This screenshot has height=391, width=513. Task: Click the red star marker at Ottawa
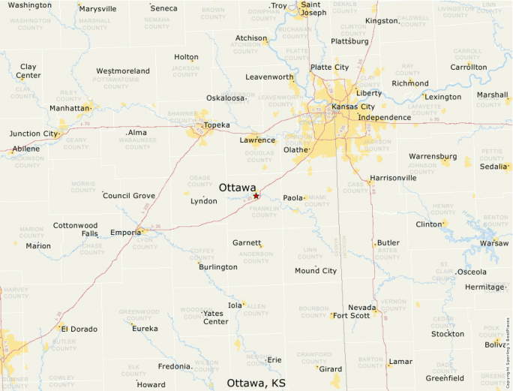pyautogui.click(x=256, y=196)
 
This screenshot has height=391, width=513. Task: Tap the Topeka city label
pyautogui.click(x=217, y=125)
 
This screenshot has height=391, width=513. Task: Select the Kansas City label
pyautogui.click(x=353, y=107)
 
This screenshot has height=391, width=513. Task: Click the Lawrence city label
pyautogui.click(x=257, y=140)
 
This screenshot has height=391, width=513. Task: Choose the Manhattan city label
pyautogui.click(x=70, y=108)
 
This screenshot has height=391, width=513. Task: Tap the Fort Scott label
pyautogui.click(x=352, y=315)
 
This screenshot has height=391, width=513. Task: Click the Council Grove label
pyautogui.click(x=129, y=196)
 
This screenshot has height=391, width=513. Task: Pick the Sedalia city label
pyautogui.click(x=493, y=167)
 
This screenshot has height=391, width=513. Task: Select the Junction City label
pyautogui.click(x=33, y=134)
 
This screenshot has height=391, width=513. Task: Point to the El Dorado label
pyautogui.click(x=79, y=329)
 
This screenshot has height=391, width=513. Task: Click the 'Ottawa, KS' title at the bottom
pyautogui.click(x=256, y=383)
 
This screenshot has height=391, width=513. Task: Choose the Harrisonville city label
pyautogui.click(x=393, y=178)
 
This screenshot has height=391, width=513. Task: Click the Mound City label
pyautogui.click(x=316, y=270)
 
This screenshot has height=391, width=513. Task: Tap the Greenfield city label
pyautogui.click(x=445, y=377)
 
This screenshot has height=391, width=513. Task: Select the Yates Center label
pyautogui.click(x=215, y=317)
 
